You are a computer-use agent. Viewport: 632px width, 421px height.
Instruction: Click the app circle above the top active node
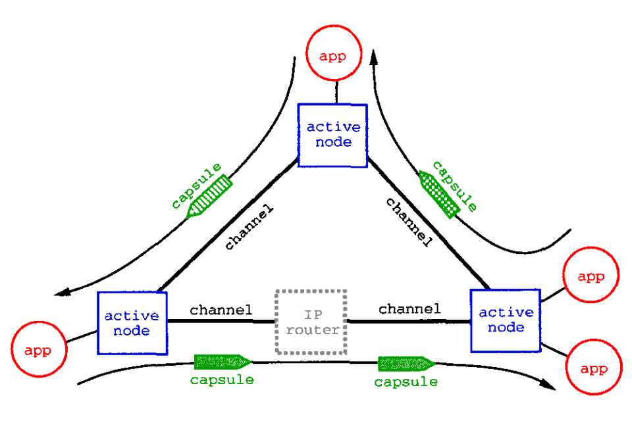tap(335, 55)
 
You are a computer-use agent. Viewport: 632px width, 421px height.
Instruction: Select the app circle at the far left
tap(39, 349)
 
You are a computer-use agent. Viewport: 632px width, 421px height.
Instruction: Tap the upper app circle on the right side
tap(591, 276)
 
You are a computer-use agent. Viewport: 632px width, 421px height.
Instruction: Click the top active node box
tap(333, 134)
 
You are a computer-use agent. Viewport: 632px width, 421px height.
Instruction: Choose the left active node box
tap(131, 323)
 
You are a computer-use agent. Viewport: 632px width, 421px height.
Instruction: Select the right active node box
tap(506, 320)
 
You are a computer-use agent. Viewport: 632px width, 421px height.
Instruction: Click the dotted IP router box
tap(311, 322)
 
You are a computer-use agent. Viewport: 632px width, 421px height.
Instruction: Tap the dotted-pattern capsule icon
tap(439, 192)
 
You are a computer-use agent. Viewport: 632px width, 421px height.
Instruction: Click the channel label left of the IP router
tap(221, 309)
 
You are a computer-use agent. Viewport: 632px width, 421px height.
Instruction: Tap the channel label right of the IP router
tap(409, 309)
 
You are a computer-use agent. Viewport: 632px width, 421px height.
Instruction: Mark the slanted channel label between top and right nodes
tap(409, 221)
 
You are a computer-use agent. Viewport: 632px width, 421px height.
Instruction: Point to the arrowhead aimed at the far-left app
tap(63, 293)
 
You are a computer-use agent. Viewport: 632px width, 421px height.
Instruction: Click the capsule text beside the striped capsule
tap(195, 186)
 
